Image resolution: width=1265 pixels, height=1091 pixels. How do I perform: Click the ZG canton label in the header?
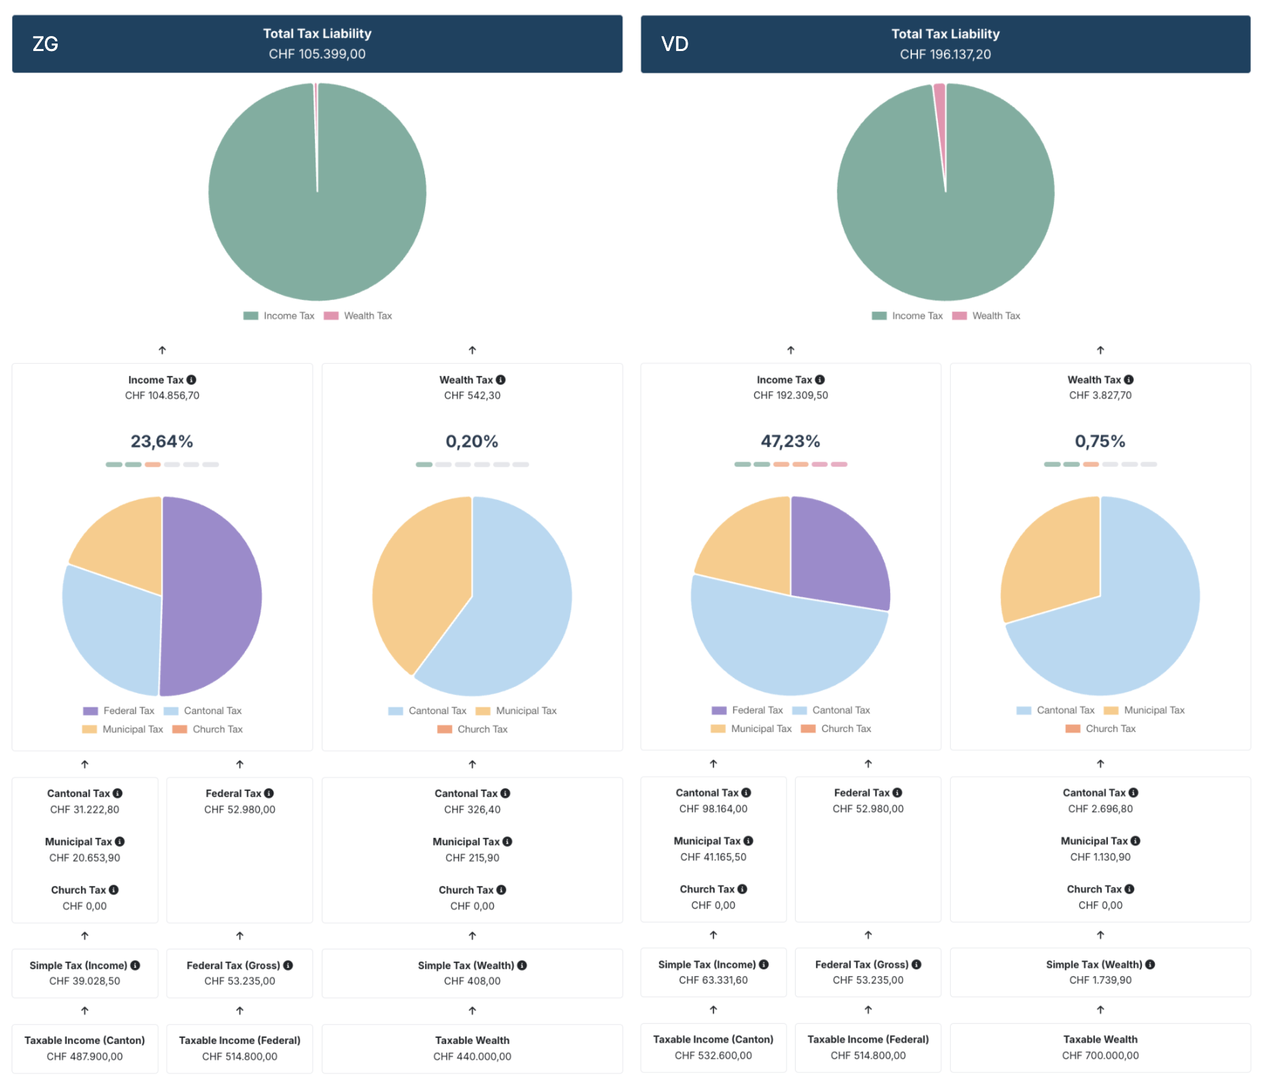click(45, 44)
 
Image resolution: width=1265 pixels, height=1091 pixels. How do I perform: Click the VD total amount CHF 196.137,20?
click(945, 54)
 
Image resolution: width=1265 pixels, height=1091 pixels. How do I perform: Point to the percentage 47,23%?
click(790, 441)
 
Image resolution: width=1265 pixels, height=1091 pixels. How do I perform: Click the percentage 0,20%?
click(471, 441)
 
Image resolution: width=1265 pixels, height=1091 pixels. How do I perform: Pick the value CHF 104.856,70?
click(162, 395)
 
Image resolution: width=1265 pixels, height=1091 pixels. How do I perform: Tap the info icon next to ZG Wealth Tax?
click(501, 380)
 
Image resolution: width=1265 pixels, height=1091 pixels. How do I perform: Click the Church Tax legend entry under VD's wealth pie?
click(1109, 728)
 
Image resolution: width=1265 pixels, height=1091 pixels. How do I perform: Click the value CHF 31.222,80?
click(84, 809)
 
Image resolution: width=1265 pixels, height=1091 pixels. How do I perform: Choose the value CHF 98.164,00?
click(713, 809)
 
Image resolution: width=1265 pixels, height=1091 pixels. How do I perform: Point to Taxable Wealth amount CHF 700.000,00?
click(1100, 1056)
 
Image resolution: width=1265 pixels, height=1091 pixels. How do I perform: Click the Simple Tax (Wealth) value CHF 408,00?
click(471, 981)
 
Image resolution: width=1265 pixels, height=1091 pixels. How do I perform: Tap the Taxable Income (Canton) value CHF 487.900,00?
click(84, 1056)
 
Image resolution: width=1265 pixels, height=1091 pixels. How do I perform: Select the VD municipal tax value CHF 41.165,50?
click(713, 857)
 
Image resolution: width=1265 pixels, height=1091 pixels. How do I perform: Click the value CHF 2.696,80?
click(1100, 809)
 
